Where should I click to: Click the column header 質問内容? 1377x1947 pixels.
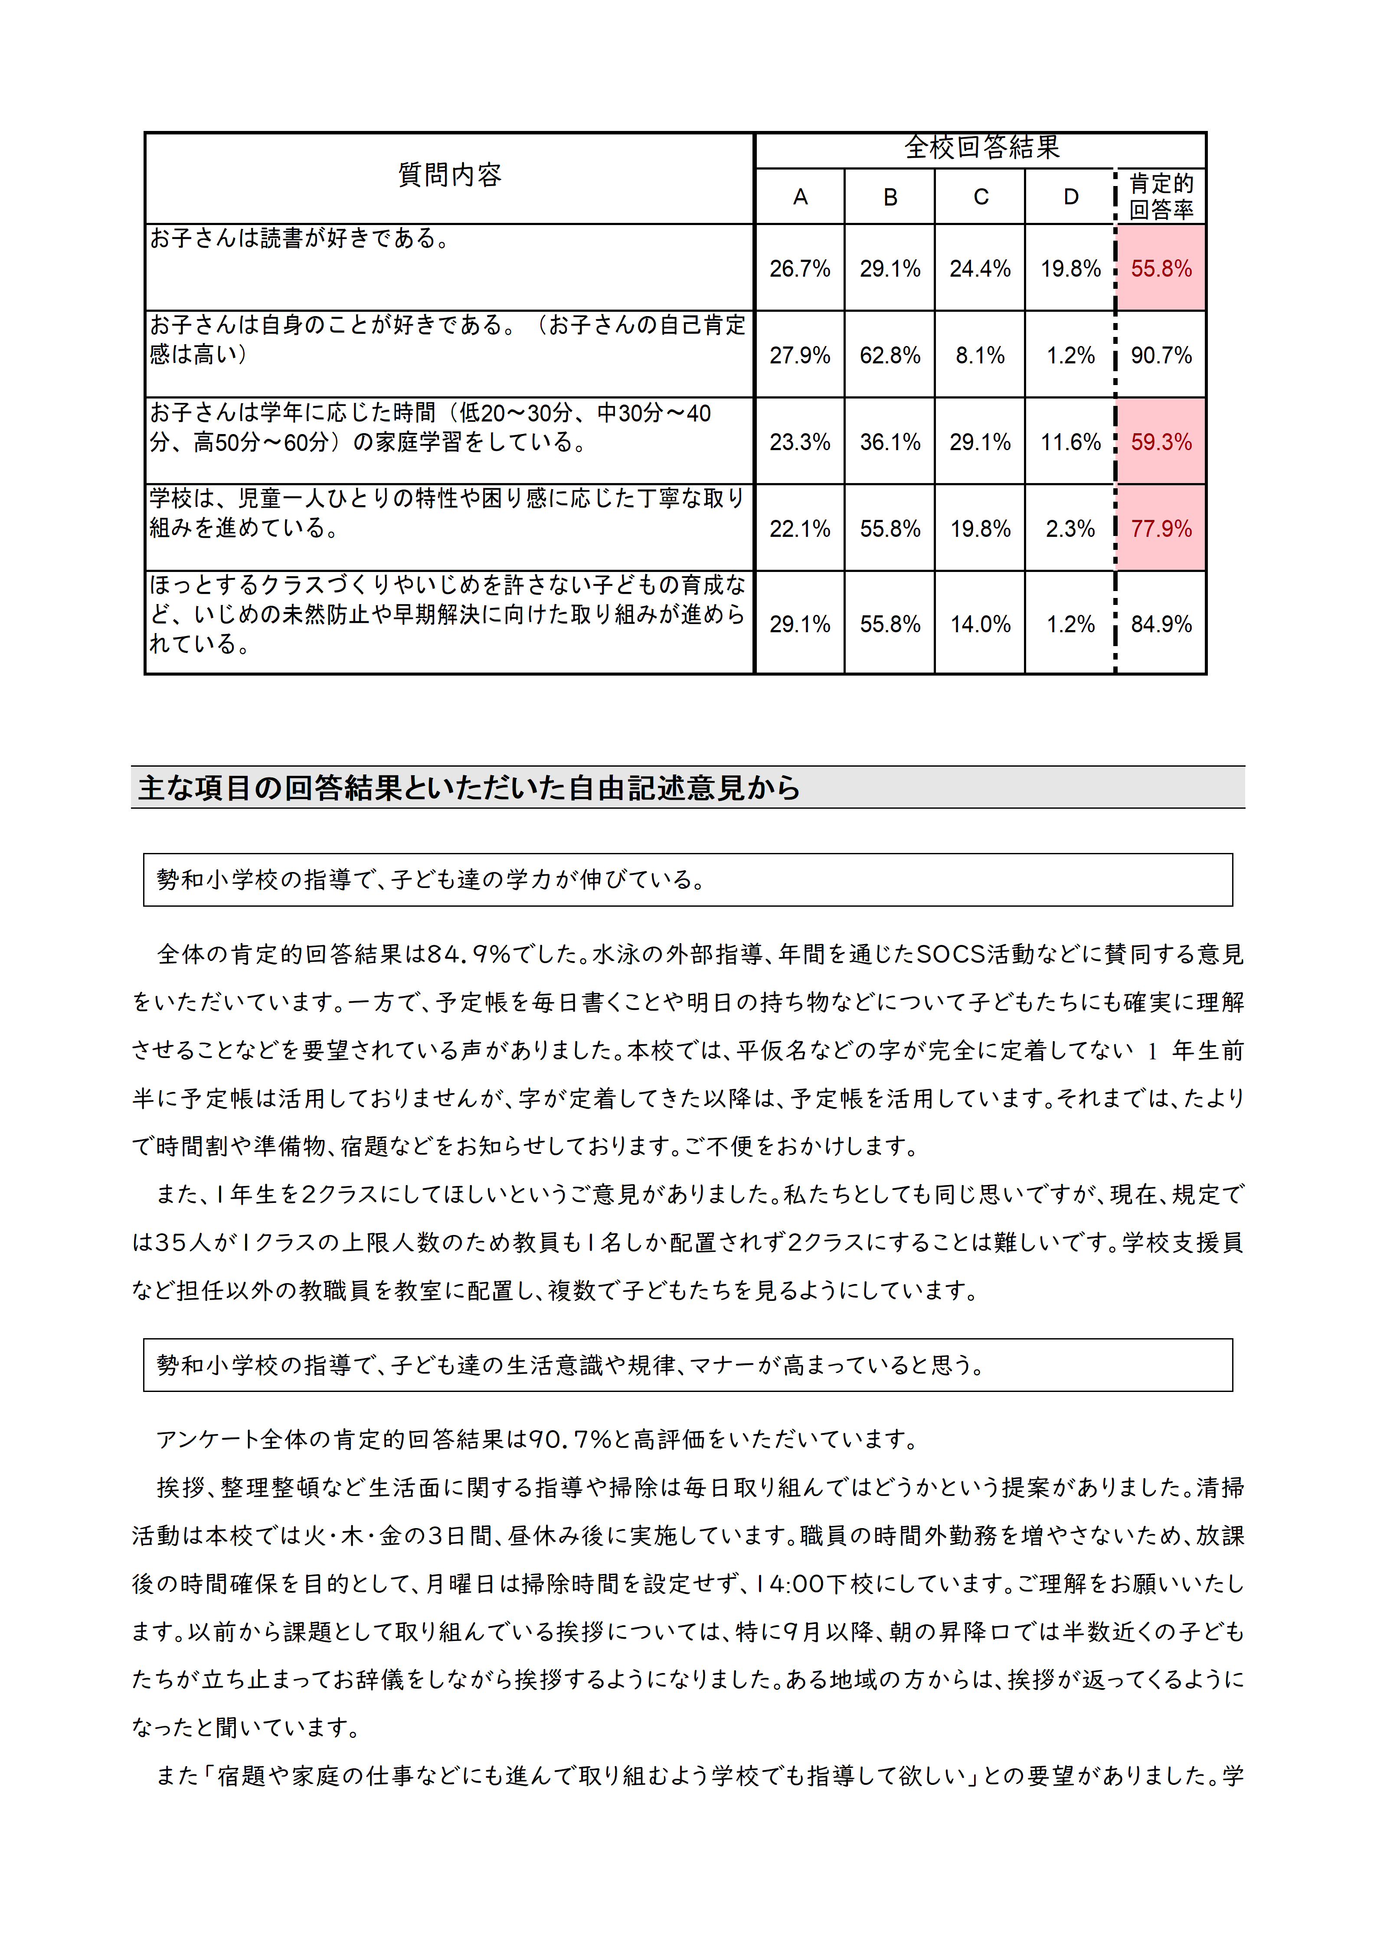(449, 176)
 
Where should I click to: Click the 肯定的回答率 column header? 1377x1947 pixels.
(1161, 197)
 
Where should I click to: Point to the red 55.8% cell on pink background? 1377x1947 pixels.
(1161, 269)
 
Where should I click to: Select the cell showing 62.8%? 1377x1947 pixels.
(890, 355)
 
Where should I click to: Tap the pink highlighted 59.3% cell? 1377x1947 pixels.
(1161, 442)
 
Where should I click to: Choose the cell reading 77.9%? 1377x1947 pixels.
(1161, 529)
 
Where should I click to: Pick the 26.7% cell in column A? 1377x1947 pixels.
(800, 269)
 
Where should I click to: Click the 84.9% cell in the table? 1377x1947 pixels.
(1161, 624)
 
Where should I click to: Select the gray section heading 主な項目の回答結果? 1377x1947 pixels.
(469, 788)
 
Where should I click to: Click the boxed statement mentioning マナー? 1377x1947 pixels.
(570, 1365)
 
